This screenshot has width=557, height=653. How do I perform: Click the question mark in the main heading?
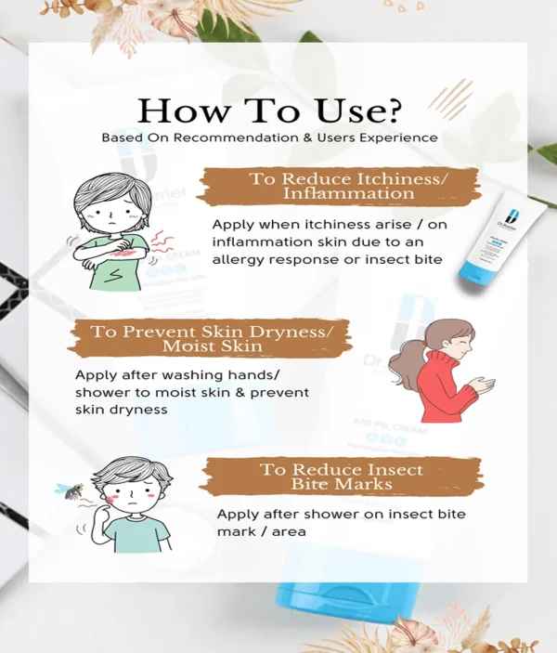[392, 110]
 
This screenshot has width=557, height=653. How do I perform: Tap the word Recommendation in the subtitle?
[236, 137]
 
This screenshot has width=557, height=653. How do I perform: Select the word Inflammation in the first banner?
[348, 193]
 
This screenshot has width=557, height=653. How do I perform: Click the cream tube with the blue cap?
[500, 235]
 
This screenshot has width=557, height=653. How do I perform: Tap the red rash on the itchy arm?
[124, 253]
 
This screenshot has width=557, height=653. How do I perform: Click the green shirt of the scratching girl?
[117, 266]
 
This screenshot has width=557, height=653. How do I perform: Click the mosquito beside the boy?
[70, 490]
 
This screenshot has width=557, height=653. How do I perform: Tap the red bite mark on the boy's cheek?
[110, 499]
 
